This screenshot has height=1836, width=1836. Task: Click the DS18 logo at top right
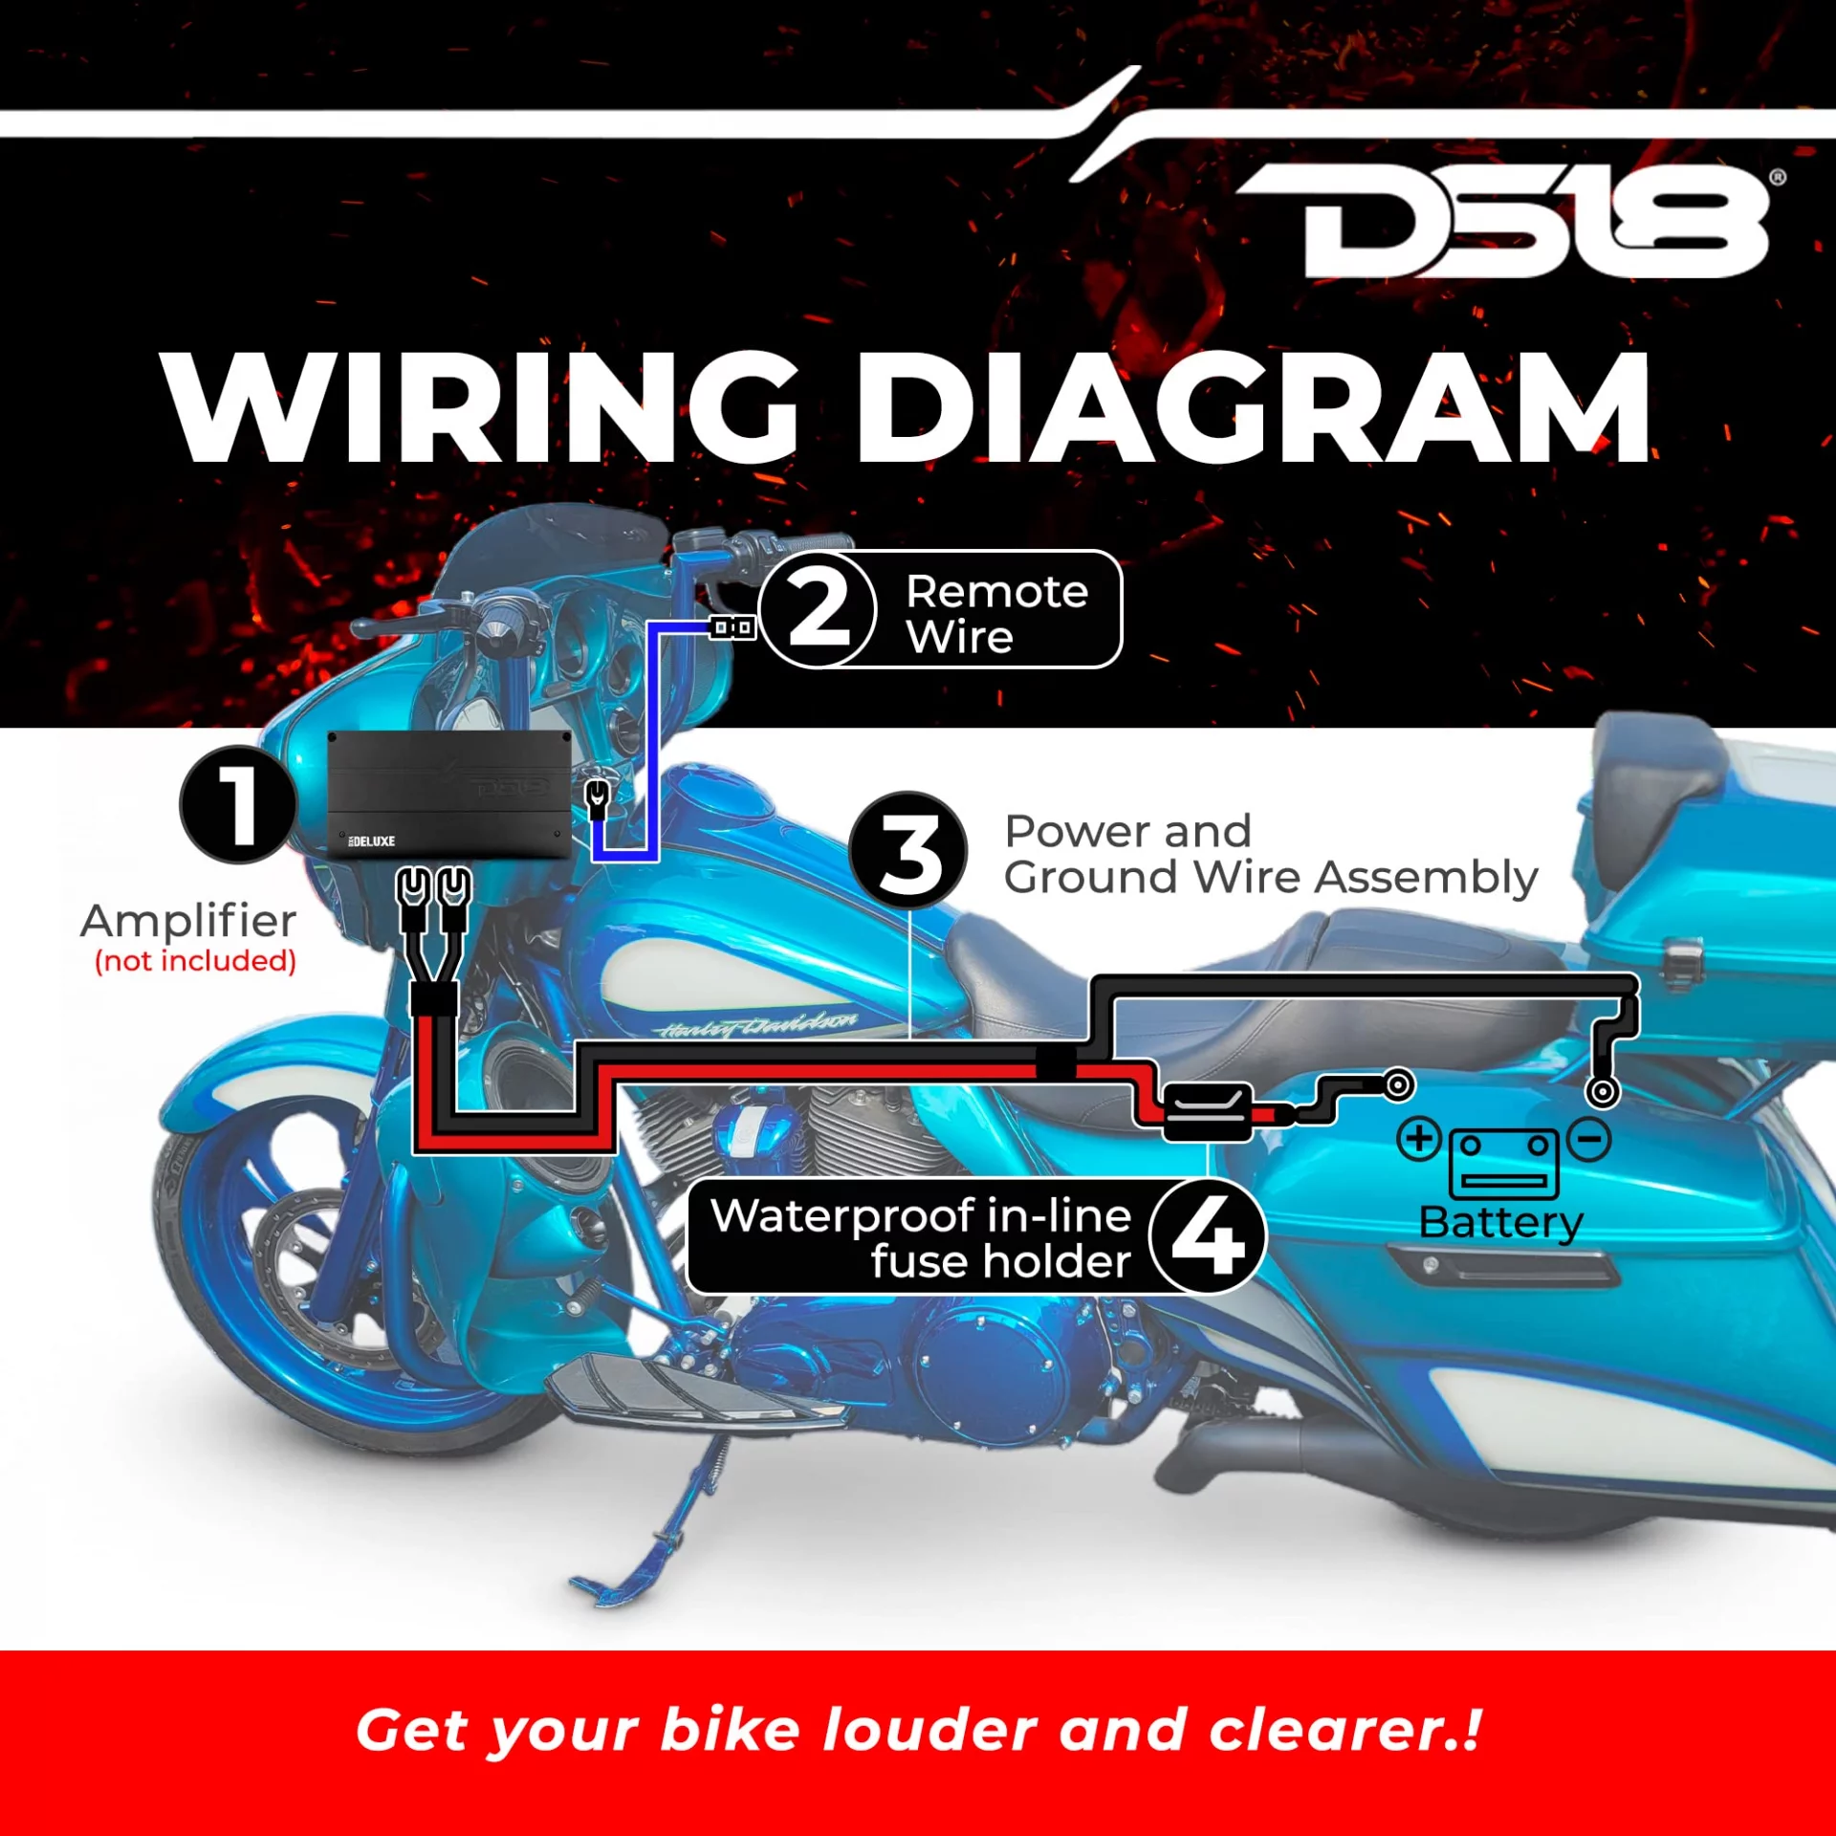pos(1511,222)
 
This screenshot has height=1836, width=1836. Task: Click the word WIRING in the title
pos(481,407)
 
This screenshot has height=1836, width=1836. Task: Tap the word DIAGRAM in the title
pos(1254,407)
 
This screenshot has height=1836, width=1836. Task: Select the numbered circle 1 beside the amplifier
pos(238,805)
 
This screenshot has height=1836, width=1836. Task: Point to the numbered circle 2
pos(819,609)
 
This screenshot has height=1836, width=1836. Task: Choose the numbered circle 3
pos(908,850)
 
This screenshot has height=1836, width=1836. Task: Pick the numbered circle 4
pos(1208,1236)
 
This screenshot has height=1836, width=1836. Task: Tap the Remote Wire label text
pos(997,613)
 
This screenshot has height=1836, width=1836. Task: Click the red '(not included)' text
pos(195,960)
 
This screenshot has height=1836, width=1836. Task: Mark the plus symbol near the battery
pos(1419,1139)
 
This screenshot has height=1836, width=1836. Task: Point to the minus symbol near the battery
pos(1589,1139)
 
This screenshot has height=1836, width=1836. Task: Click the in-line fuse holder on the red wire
pos(1207,1112)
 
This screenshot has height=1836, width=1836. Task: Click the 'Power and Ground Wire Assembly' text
pos(1271,855)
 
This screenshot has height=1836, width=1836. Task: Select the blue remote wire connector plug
pos(732,628)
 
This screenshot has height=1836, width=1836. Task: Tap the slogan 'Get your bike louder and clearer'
pos(918,1730)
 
